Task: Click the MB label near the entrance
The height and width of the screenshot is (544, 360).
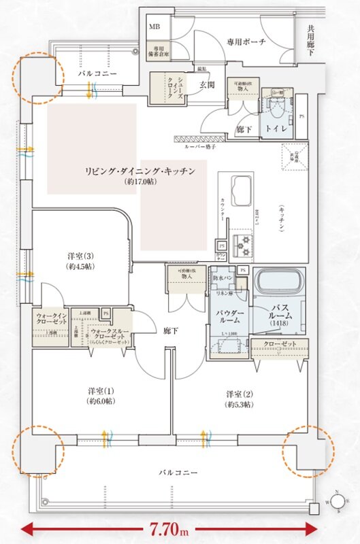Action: [x=155, y=27]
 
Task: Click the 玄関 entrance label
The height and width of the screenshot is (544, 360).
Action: [x=208, y=85]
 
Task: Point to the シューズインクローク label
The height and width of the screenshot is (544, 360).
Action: [x=162, y=88]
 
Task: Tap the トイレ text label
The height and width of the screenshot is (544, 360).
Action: [x=276, y=128]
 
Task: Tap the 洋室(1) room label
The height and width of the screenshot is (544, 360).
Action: [x=99, y=396]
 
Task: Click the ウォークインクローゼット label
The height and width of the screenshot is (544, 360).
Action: [x=50, y=320]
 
